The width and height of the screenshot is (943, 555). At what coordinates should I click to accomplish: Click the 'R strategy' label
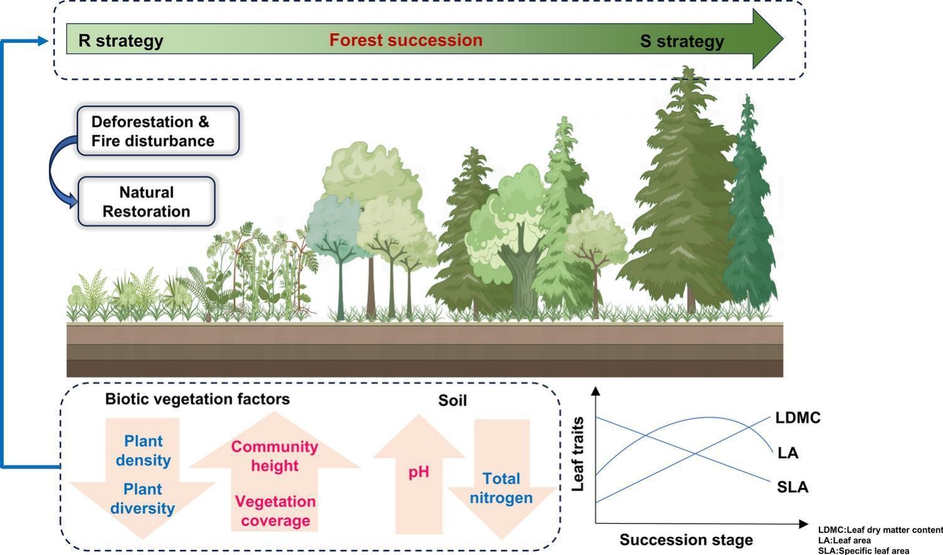tap(121, 41)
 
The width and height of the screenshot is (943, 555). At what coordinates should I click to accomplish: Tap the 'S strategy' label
tap(682, 41)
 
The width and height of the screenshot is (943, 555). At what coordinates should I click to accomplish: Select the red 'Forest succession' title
tap(406, 40)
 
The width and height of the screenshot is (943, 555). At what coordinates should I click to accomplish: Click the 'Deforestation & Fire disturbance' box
tap(158, 131)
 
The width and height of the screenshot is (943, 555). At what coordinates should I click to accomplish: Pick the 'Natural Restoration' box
tap(147, 202)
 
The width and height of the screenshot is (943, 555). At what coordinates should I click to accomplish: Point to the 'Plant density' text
tap(143, 450)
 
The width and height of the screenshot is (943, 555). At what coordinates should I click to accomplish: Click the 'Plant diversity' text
tap(143, 499)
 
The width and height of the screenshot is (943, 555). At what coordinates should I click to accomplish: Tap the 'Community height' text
tap(274, 456)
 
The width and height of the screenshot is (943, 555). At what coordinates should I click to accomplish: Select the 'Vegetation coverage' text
tap(276, 511)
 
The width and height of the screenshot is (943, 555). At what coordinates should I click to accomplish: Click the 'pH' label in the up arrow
tap(419, 472)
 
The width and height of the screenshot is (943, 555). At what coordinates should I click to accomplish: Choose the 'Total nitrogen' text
tap(501, 488)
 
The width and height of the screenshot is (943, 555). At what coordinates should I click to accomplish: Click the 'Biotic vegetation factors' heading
tap(197, 399)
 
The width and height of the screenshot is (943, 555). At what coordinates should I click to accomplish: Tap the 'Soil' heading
tap(452, 400)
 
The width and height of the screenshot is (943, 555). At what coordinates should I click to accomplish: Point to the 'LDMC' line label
tap(798, 418)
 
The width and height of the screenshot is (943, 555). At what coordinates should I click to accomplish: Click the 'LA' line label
tap(788, 453)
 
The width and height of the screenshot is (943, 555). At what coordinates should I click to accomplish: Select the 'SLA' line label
tap(793, 487)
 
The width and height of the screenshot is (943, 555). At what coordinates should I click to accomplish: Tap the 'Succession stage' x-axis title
tap(686, 539)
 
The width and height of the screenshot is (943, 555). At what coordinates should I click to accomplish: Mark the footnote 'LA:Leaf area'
tap(844, 540)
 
